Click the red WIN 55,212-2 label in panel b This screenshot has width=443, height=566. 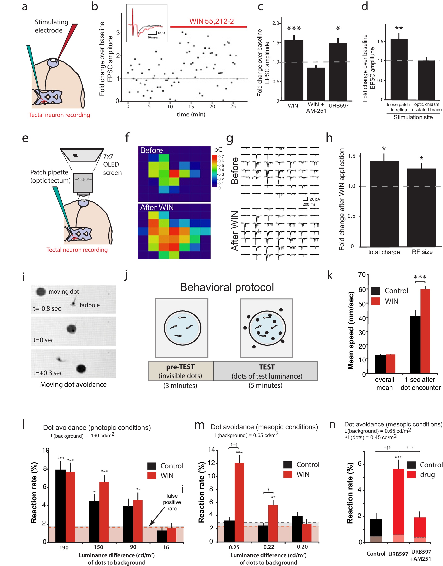tap(211, 21)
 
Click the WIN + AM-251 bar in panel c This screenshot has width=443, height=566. tap(316, 84)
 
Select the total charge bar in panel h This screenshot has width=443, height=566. tap(384, 204)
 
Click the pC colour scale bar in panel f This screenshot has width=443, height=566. tap(214, 171)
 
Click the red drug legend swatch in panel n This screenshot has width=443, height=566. tap(411, 474)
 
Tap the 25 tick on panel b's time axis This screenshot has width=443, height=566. tap(233, 106)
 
